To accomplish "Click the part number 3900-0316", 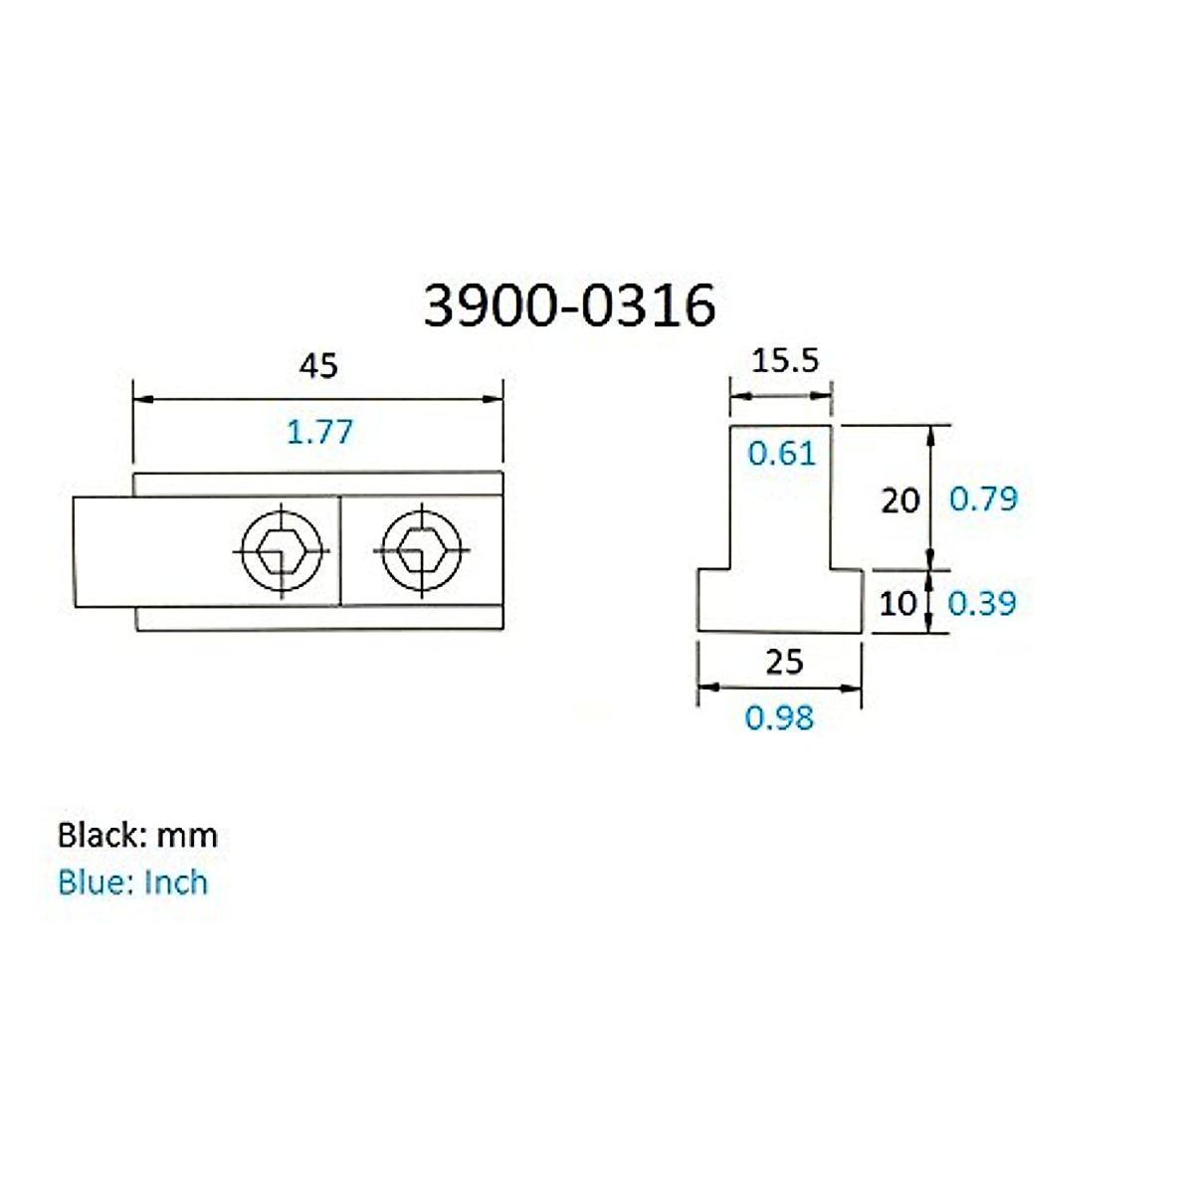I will (569, 304).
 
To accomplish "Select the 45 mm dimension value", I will (318, 366).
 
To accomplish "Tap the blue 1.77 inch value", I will (319, 432).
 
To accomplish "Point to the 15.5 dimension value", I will (785, 360).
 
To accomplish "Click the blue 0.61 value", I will (781, 454).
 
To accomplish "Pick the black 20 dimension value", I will (899, 499).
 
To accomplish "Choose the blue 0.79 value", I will (983, 498).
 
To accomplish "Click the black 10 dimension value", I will (897, 603).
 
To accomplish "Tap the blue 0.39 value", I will (981, 603).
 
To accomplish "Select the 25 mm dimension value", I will (784, 662).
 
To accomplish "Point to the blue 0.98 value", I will (779, 717).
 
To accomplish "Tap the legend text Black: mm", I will (137, 835).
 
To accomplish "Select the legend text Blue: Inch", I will (132, 883).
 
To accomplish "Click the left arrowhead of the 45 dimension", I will (141, 399).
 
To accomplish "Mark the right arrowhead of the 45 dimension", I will (496, 399).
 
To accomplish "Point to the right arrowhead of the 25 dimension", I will (854, 688).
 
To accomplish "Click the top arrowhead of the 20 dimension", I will (931, 433).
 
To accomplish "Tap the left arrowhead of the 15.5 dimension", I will (737, 395).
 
